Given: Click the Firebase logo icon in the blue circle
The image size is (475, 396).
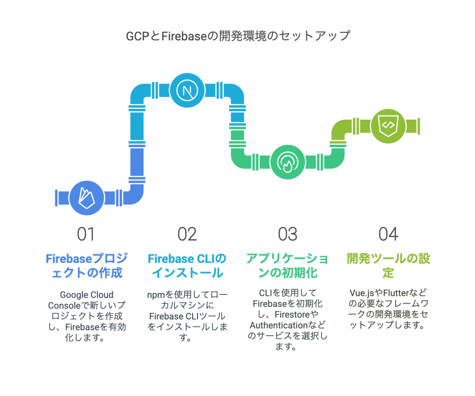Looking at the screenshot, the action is (x=87, y=198).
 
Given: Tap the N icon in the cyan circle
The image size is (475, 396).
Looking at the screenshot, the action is (x=187, y=90).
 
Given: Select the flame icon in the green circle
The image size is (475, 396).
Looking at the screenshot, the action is (x=288, y=162).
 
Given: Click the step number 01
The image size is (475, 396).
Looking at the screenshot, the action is (x=86, y=234).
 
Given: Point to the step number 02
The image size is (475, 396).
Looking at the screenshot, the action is (x=187, y=234).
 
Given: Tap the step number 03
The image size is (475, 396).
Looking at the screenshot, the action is (x=288, y=234).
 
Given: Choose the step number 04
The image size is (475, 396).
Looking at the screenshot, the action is (x=388, y=234).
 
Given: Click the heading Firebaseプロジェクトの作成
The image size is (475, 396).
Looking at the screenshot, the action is (x=87, y=266).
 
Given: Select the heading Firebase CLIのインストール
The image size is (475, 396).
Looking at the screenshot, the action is (x=187, y=266).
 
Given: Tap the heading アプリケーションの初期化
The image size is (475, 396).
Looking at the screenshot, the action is (x=288, y=266).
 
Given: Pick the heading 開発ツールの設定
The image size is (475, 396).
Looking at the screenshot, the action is (x=388, y=266).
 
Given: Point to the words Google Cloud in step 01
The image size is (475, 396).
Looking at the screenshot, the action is (x=87, y=294).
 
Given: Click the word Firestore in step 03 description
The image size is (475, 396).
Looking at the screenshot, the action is (x=292, y=314).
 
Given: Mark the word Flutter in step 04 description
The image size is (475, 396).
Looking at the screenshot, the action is (x=396, y=293).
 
